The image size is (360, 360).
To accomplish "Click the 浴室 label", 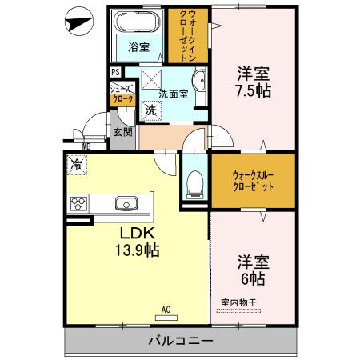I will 139,46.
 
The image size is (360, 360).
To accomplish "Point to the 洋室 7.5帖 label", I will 252,82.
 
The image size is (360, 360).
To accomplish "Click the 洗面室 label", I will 174,93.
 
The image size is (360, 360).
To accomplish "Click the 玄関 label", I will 122,132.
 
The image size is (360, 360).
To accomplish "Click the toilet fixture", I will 193,185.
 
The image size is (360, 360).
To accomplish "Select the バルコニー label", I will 181,341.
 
